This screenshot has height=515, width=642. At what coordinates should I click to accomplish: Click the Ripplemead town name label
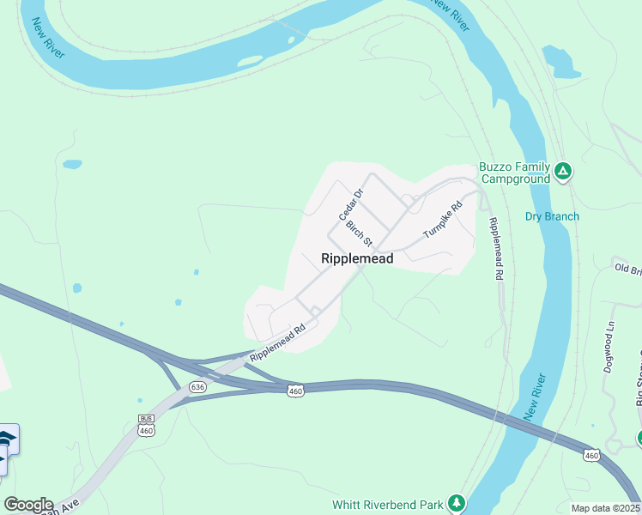tap(357, 258)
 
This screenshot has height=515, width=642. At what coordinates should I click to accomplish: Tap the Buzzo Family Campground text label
tap(513, 173)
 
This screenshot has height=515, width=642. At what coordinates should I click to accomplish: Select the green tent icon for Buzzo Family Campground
tap(563, 171)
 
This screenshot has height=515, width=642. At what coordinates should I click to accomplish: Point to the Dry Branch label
tap(552, 216)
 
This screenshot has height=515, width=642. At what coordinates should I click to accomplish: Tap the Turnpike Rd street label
tap(443, 220)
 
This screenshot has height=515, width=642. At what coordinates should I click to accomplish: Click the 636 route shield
tap(198, 387)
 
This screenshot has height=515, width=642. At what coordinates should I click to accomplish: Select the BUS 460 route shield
tap(146, 426)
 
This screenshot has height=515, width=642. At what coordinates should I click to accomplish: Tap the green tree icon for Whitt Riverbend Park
tap(458, 502)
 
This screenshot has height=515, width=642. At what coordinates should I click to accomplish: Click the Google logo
tap(27, 505)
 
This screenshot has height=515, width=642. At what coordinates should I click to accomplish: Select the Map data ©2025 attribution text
tap(604, 508)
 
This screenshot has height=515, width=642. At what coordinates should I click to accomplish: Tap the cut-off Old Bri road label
tap(628, 269)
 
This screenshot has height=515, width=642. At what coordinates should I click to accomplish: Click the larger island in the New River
tap(250, 61)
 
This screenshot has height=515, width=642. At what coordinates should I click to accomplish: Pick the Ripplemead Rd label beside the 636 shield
tap(277, 342)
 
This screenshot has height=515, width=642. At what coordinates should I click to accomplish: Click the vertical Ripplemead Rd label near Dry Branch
tap(494, 249)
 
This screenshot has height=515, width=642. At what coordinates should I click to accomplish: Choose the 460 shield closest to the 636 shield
tap(295, 391)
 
